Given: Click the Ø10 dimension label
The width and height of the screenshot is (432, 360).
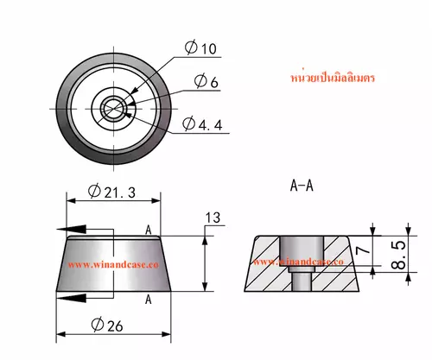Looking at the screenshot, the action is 200,47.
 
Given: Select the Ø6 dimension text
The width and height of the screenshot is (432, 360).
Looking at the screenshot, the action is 206,81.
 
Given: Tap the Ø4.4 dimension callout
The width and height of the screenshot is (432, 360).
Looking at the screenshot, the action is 202,124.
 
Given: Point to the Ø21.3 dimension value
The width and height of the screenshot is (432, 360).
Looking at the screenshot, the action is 111,192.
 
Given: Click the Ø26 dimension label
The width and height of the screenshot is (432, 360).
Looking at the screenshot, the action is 107,325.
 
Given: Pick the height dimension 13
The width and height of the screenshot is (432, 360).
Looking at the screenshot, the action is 213,218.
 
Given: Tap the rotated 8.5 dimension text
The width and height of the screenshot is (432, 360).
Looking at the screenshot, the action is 398,256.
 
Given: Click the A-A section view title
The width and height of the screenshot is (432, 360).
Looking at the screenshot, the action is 302,186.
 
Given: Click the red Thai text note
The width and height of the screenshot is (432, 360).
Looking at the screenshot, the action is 333,78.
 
